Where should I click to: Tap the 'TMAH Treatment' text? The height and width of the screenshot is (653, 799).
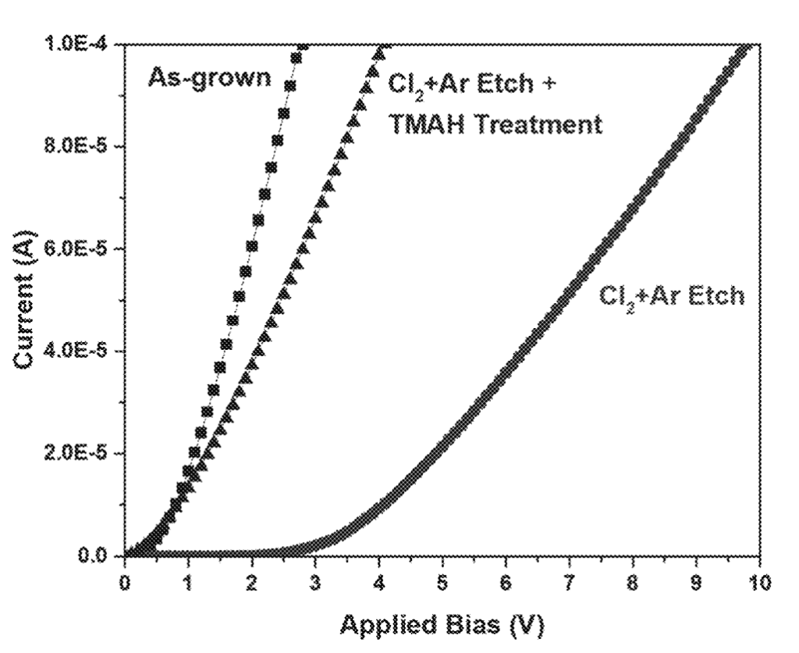point(495,123)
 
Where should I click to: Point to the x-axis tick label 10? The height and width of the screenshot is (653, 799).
point(759,583)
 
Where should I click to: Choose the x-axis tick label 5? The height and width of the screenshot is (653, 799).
point(442,583)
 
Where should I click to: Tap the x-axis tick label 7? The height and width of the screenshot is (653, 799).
point(570,583)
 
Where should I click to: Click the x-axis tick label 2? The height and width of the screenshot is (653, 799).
point(251,583)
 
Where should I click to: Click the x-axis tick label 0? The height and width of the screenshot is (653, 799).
point(125,583)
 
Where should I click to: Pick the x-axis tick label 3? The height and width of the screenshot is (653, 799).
point(315,583)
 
